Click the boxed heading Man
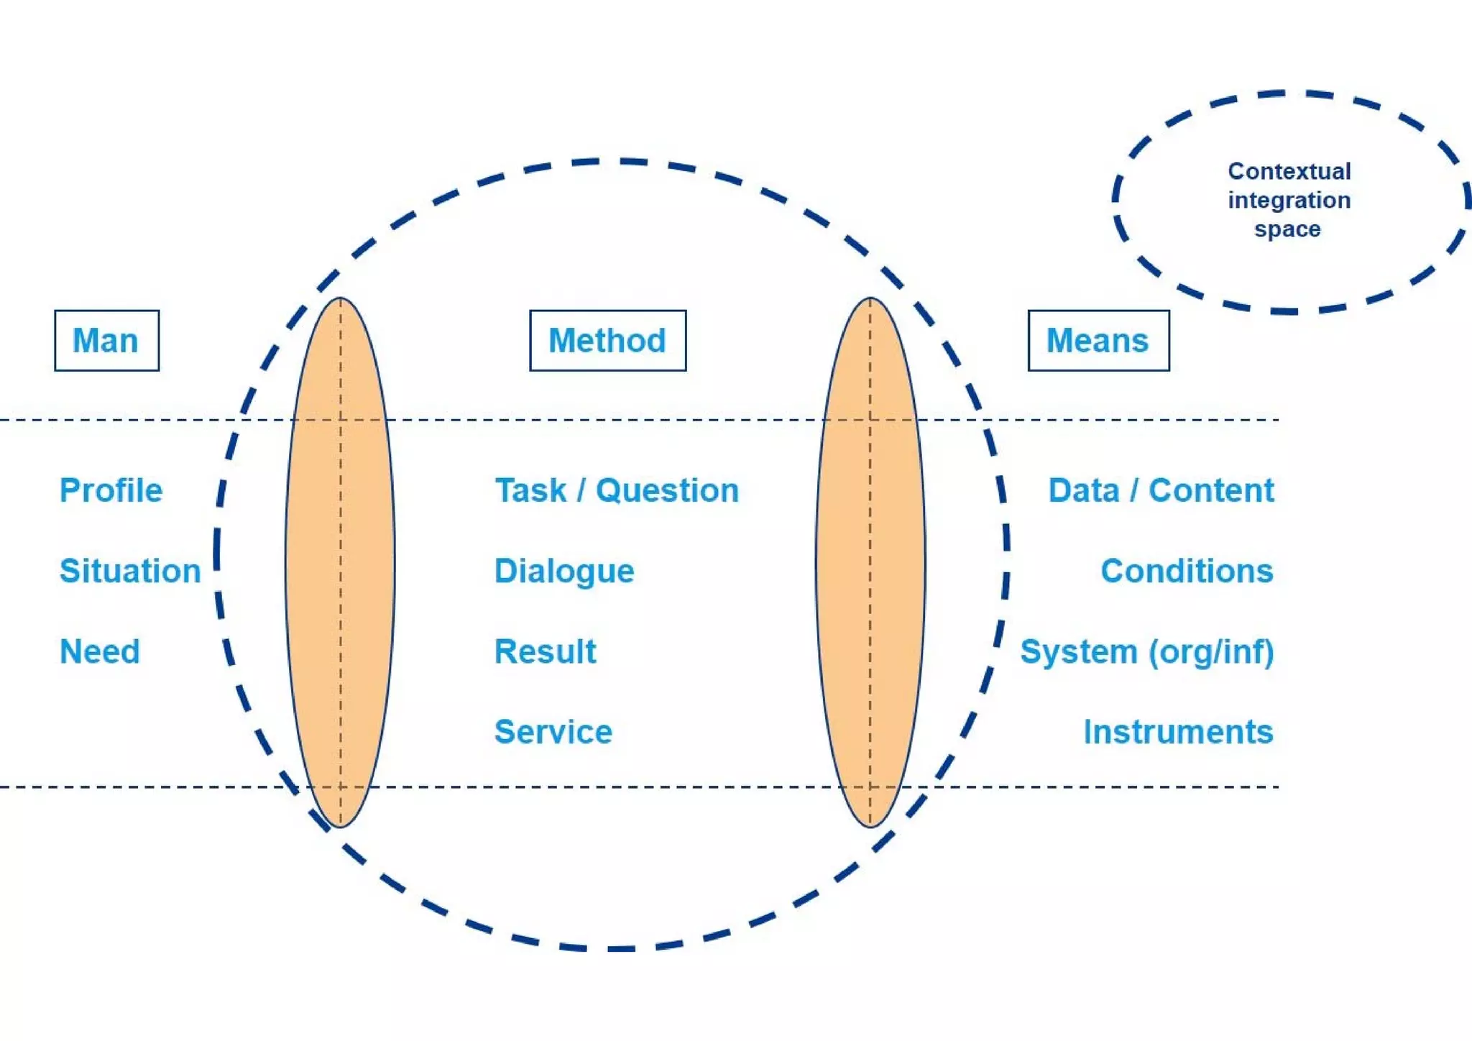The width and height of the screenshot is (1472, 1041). click(x=106, y=341)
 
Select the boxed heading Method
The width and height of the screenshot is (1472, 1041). click(x=607, y=341)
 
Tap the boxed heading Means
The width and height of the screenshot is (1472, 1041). click(x=1098, y=341)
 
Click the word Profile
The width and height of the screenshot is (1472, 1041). click(x=111, y=491)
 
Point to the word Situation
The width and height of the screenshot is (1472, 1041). click(x=130, y=572)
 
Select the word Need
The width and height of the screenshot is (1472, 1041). click(x=100, y=652)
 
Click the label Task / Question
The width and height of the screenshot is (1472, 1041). click(x=617, y=491)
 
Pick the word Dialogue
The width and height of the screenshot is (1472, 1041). click(x=564, y=572)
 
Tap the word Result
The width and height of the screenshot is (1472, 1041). click(x=546, y=652)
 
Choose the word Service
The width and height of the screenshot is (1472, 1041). click(x=553, y=733)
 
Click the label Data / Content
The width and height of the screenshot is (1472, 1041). click(x=1161, y=491)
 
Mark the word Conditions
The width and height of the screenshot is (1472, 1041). click(x=1187, y=572)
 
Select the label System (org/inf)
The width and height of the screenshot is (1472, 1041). click(x=1147, y=652)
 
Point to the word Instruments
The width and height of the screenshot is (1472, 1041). click(x=1178, y=733)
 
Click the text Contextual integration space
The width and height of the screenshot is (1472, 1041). click(x=1289, y=201)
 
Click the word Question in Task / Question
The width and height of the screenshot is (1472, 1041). click(x=667, y=491)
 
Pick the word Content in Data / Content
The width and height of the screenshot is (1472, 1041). click(x=1211, y=491)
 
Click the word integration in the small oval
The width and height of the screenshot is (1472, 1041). click(x=1289, y=201)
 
